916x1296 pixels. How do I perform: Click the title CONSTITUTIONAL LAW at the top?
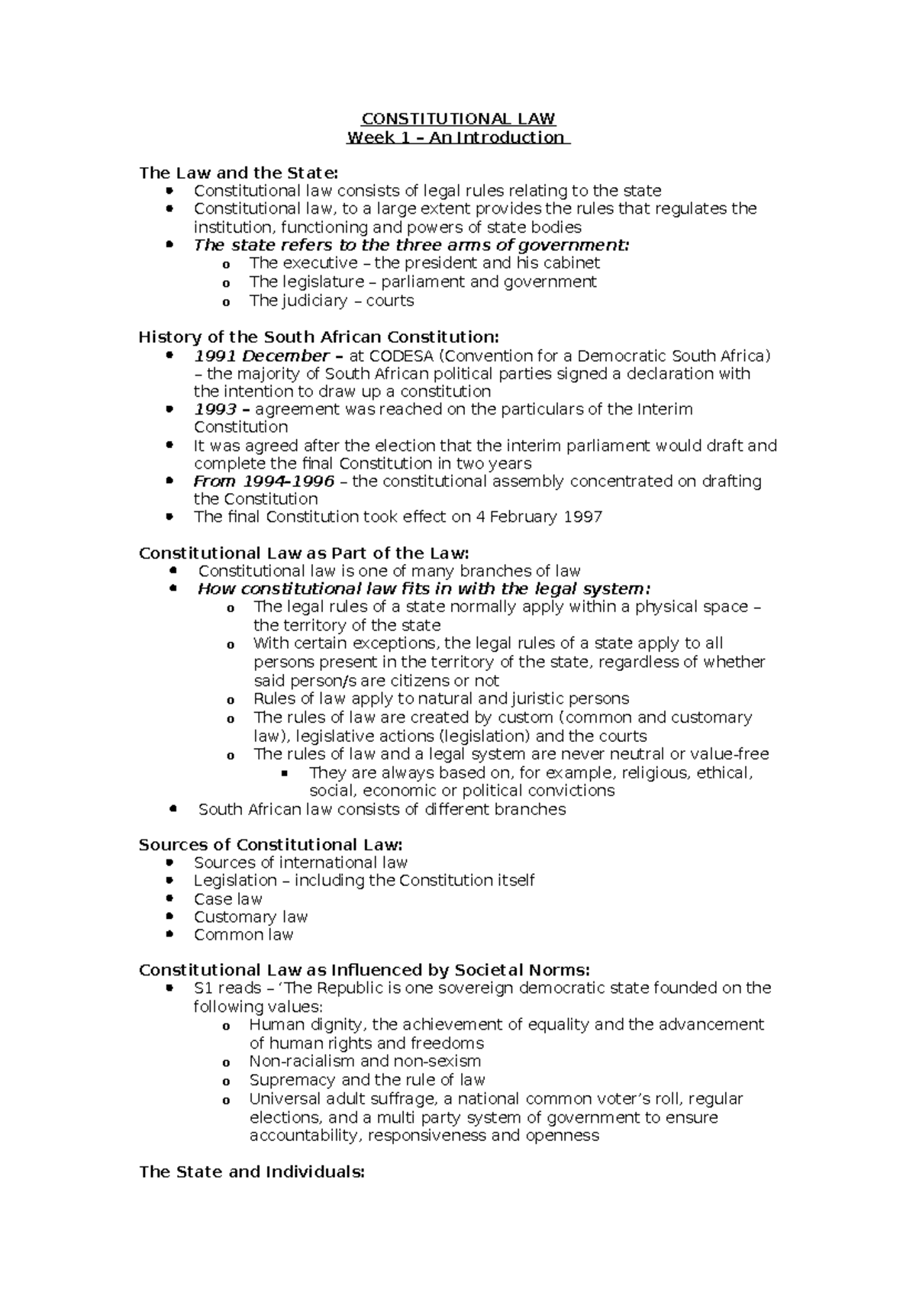pyautogui.click(x=458, y=119)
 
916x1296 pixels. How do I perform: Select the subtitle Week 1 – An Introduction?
pyautogui.click(x=457, y=137)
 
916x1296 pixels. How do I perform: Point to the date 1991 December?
pyautogui.click(x=261, y=356)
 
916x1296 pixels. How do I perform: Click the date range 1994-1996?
pyautogui.click(x=289, y=481)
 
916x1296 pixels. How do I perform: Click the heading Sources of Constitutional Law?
pyautogui.click(x=270, y=845)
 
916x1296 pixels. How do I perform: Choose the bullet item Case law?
pyautogui.click(x=227, y=899)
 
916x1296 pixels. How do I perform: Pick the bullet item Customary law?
pyautogui.click(x=250, y=917)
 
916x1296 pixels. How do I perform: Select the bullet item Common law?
pyautogui.click(x=243, y=935)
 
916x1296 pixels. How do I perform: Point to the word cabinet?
pyautogui.click(x=572, y=263)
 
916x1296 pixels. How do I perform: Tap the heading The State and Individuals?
pyautogui.click(x=252, y=1172)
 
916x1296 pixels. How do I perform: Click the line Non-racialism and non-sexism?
pyautogui.click(x=365, y=1061)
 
